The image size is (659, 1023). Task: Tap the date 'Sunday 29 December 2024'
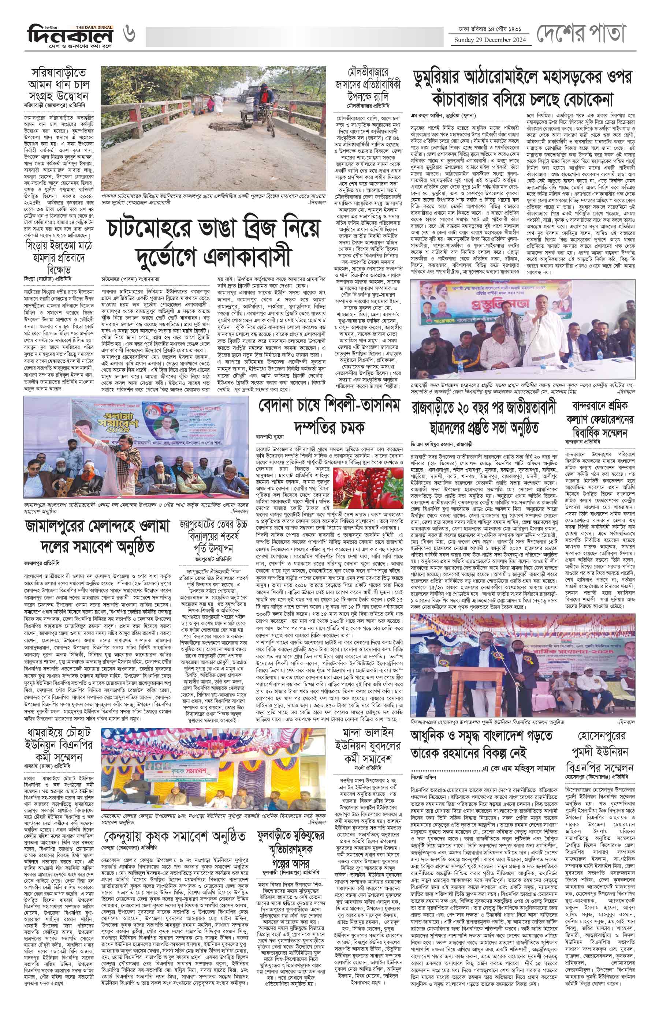[x=489, y=40]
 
